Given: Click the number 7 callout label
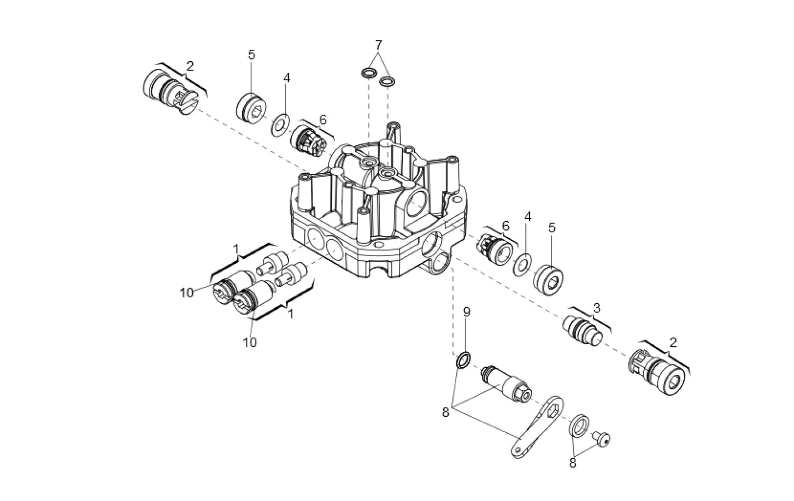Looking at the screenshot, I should tap(378, 44).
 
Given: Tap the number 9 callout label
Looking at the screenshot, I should tap(466, 312).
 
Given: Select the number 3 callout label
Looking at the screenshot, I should tap(597, 308).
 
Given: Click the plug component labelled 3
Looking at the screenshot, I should tap(583, 332).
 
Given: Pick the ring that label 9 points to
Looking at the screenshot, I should tap(463, 361).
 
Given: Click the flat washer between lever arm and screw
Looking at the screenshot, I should tap(580, 425).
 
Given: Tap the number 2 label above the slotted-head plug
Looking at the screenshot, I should tap(190, 66).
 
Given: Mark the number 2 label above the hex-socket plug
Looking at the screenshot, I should tap(673, 343).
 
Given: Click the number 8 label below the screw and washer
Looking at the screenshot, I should tap(573, 463).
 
